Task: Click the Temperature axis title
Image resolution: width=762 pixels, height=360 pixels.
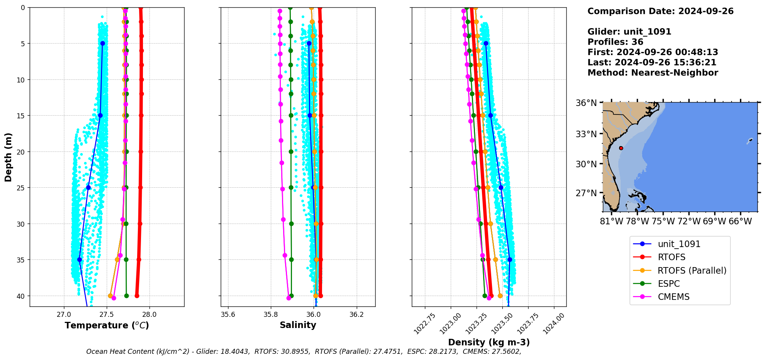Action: tap(107, 325)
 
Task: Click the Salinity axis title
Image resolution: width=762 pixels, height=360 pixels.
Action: tap(298, 325)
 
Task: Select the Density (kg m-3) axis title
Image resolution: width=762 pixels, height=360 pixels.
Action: tap(489, 342)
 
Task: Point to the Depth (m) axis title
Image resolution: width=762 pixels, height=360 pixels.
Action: tap(8, 157)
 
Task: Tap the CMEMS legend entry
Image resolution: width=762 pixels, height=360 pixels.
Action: tap(673, 297)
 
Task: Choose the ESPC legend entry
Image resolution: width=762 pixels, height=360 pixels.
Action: tap(669, 284)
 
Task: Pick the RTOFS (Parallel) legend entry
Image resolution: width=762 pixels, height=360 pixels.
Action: tap(692, 271)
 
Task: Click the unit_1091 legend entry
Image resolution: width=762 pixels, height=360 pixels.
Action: tap(679, 244)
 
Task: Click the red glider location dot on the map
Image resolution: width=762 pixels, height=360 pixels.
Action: tap(621, 148)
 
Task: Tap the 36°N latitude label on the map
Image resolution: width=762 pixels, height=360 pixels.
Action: tap(586, 103)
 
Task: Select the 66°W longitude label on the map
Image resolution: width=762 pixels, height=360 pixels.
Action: tap(740, 221)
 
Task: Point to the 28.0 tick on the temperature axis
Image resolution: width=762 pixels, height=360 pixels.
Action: tap(149, 314)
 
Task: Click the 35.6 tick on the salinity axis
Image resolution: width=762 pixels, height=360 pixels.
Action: tap(228, 314)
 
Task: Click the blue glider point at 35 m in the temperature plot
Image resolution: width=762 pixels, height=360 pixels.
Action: tap(79, 260)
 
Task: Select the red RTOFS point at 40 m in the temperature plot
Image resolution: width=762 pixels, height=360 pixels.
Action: tap(137, 296)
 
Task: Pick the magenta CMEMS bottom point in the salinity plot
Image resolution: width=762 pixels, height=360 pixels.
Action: tap(289, 298)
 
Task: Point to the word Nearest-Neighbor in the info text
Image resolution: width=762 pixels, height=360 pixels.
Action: tap(675, 73)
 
